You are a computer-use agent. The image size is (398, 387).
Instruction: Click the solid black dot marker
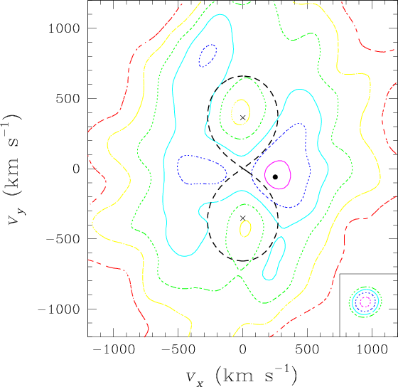(x=275, y=177)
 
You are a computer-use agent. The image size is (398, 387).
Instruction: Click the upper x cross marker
(x=243, y=117)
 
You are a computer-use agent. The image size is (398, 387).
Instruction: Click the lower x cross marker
(x=243, y=218)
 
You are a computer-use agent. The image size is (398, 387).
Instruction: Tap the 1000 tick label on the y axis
(x=64, y=28)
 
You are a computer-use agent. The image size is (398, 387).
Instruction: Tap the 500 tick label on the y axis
(x=68, y=99)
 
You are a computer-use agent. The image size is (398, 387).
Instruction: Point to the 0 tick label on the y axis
(x=77, y=169)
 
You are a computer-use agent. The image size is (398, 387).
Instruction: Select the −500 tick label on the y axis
(x=63, y=239)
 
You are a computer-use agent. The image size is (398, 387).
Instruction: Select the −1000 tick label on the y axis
(x=59, y=309)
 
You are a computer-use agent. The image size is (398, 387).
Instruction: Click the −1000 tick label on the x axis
(x=114, y=349)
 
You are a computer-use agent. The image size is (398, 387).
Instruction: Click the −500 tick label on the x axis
(x=178, y=349)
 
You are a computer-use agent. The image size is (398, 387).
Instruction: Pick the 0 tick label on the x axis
(x=243, y=349)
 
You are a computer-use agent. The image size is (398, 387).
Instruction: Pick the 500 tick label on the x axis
(x=307, y=349)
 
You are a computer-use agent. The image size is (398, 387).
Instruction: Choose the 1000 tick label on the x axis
(x=372, y=349)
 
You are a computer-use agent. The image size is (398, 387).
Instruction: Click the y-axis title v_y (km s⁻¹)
(x=14, y=169)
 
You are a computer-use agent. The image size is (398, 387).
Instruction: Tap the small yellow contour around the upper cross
(x=249, y=112)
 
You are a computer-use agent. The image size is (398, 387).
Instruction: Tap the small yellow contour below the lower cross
(x=250, y=228)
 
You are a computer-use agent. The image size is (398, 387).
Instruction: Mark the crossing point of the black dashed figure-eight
(x=243, y=168)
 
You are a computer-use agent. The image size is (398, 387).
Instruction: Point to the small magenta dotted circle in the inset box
(x=365, y=297)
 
